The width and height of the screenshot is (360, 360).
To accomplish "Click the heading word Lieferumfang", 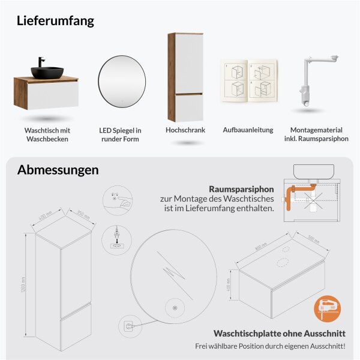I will [x=56, y=20].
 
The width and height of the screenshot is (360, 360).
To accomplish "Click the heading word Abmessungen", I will [x=58, y=170].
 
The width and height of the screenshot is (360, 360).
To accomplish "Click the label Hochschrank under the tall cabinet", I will [x=185, y=130].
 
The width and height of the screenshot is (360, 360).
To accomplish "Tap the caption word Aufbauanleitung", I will [x=248, y=130].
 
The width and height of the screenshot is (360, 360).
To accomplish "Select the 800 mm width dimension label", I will [x=259, y=247].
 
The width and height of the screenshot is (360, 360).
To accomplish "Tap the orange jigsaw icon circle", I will [x=326, y=308].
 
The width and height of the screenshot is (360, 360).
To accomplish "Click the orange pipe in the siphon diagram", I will [x=291, y=199].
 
